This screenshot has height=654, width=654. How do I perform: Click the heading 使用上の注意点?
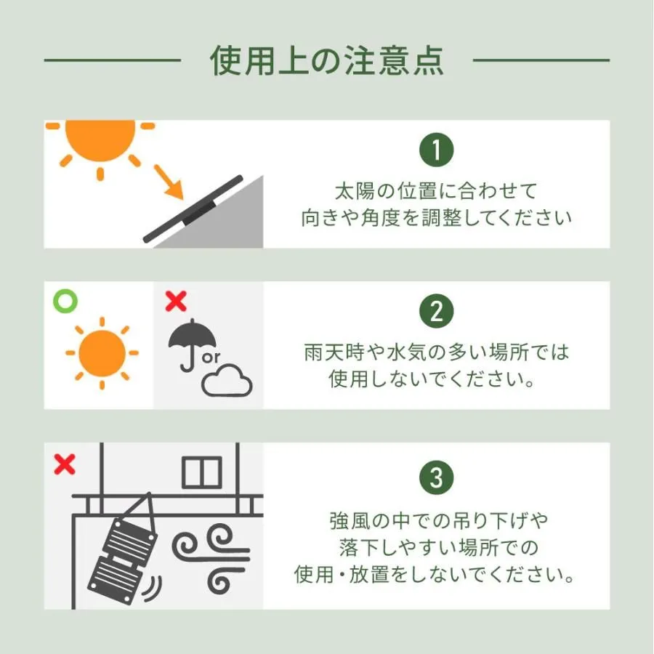pos(326,61)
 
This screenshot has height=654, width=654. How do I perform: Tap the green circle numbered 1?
pos(436,150)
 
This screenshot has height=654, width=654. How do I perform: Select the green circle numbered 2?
pos(436,311)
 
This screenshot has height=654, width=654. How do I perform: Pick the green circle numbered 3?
pos(436,477)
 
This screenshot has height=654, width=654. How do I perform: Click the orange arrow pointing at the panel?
pos(169,182)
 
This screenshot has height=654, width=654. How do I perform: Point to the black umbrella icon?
pos(192,344)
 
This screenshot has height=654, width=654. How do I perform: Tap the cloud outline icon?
pos(227,380)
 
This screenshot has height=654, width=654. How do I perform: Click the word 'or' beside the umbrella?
pos(211,358)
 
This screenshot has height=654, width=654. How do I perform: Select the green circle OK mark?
pos(65,301)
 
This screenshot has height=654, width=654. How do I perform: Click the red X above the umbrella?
pos(176,301)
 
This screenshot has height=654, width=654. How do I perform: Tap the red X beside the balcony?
pos(65,464)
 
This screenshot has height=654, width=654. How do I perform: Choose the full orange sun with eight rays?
pos(102,353)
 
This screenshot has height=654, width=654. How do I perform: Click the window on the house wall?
pos(202,472)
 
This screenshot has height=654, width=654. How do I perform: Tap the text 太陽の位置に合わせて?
pos(436,191)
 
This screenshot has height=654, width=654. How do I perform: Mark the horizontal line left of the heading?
pos(113,60)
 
